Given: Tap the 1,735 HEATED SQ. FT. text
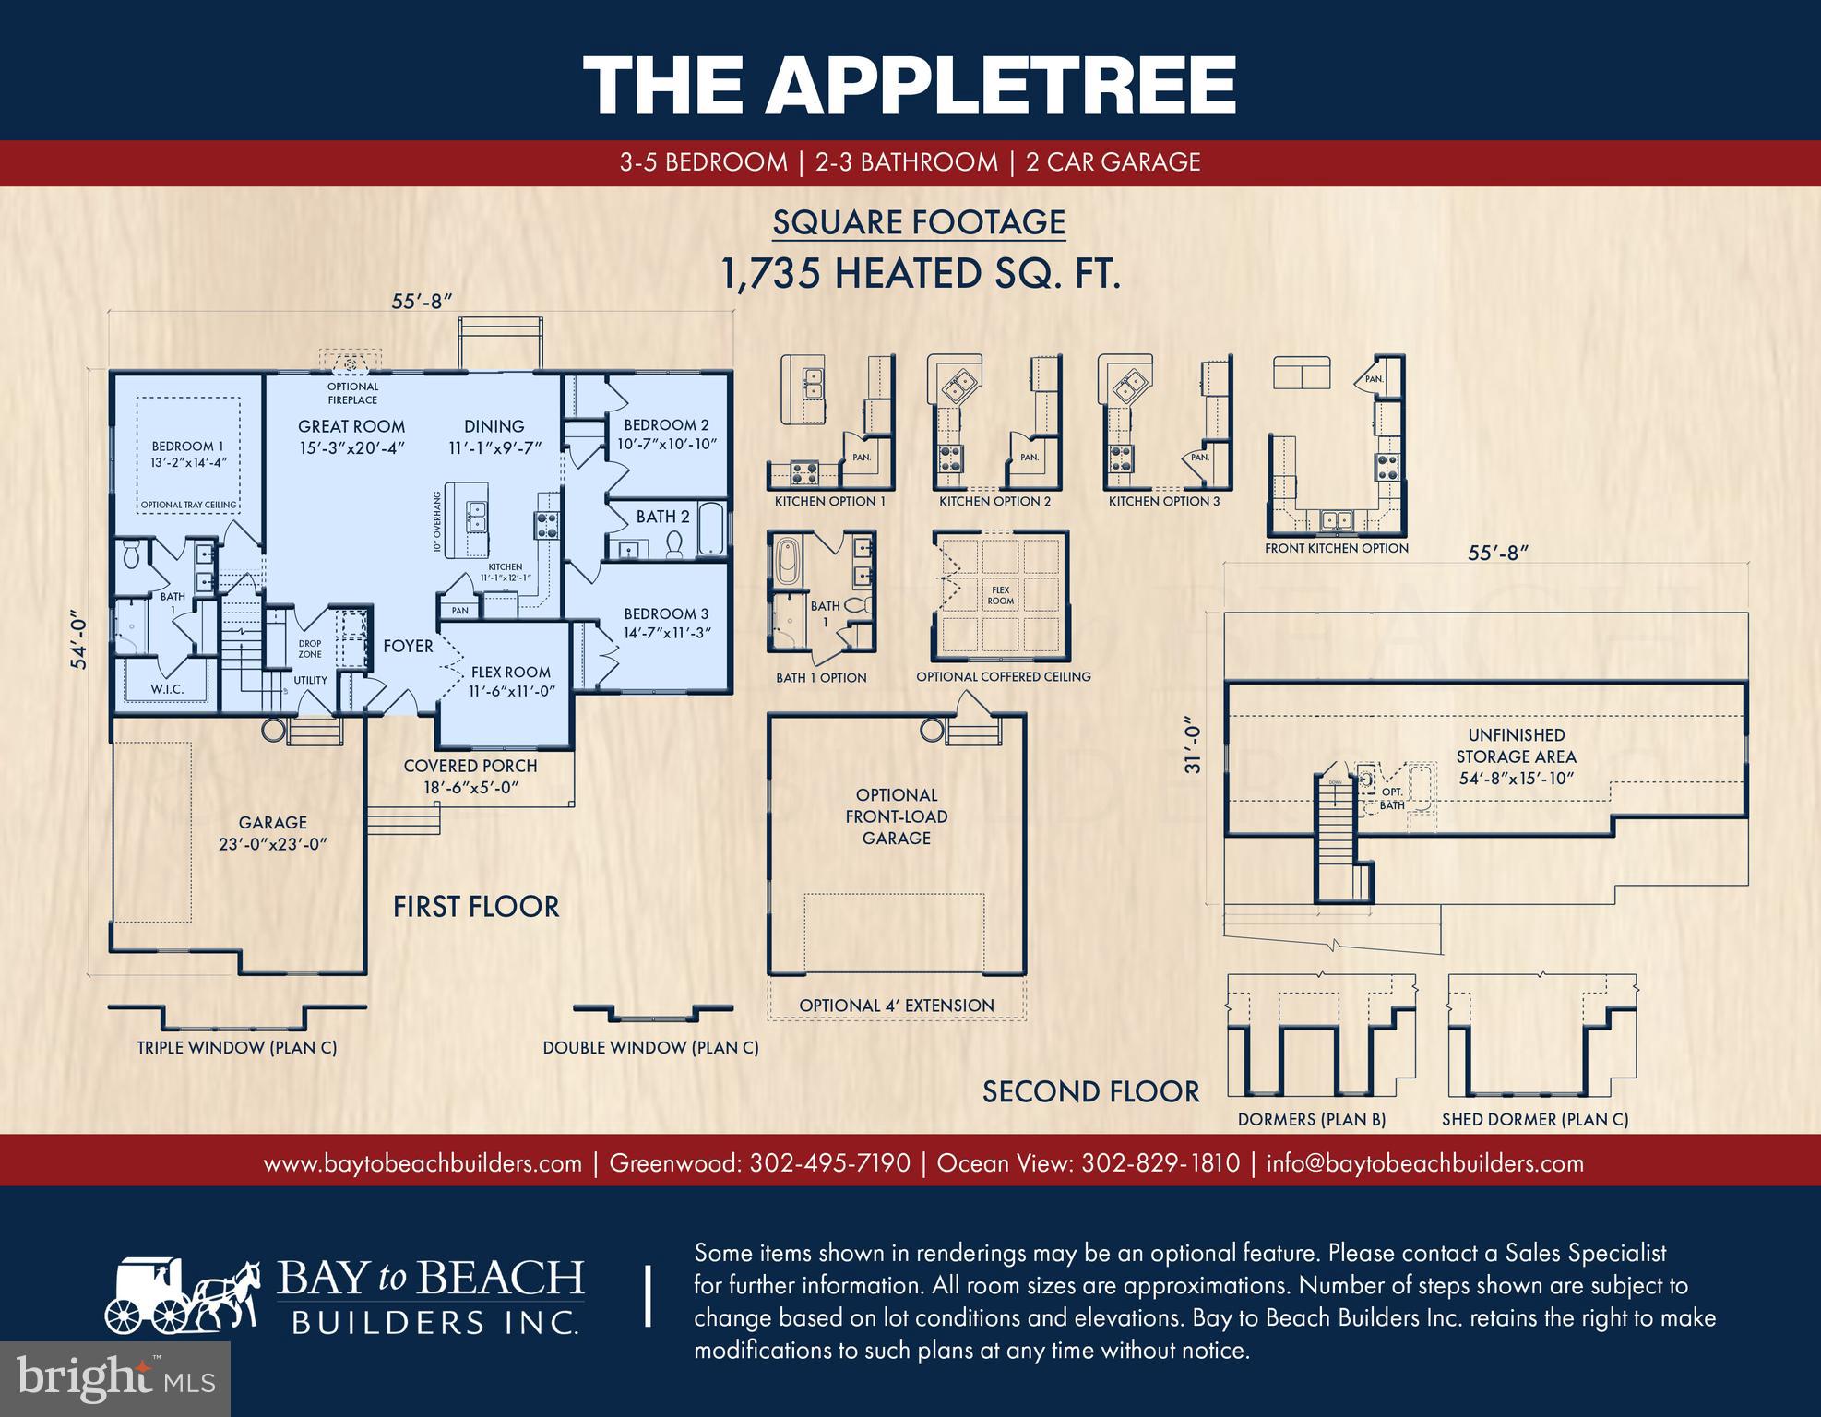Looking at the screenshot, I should (920, 274).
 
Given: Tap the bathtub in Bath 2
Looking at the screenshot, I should (711, 529).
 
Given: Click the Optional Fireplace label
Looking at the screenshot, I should (352, 393).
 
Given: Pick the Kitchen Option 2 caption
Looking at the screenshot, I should (994, 501).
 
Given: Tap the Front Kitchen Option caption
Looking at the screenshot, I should (1336, 548).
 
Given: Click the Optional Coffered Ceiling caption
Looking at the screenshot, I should (1003, 676).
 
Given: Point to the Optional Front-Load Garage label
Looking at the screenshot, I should (896, 816).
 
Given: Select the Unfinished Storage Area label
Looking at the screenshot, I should (1516, 756).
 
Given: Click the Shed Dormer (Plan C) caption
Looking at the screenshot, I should (1535, 1119).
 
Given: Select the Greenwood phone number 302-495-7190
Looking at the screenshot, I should (829, 1162).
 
